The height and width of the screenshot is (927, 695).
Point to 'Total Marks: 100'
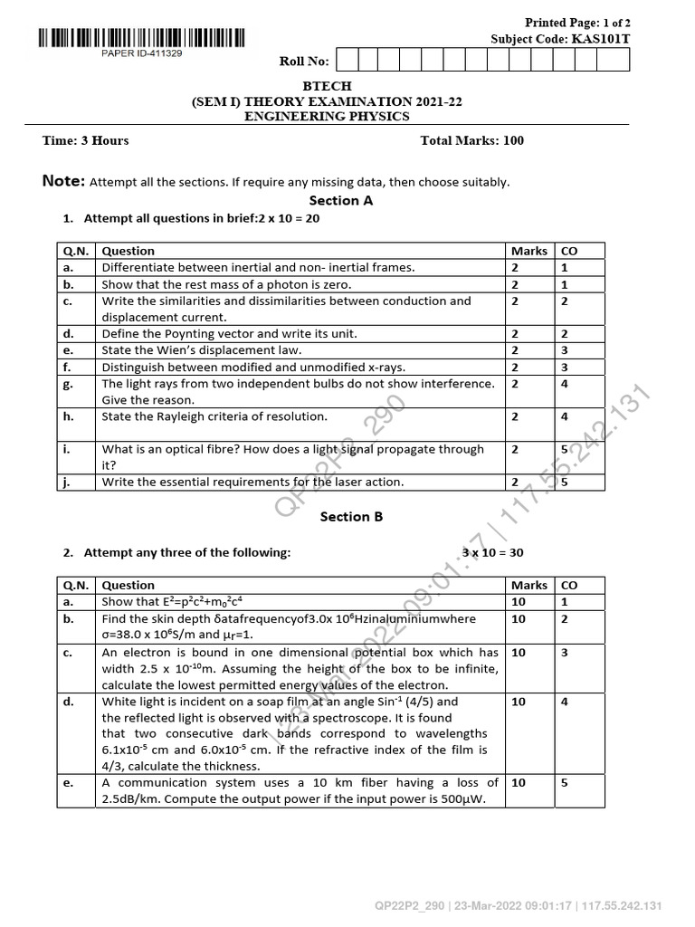pos(471,140)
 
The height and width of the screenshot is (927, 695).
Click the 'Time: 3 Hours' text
pos(86,140)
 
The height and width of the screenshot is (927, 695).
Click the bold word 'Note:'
pos(63,181)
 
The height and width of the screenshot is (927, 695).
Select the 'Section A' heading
pos(341,201)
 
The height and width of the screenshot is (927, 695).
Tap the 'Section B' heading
pos(351,517)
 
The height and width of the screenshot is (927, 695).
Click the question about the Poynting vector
pos(229,334)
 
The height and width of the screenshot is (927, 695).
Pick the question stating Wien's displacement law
pos(202,350)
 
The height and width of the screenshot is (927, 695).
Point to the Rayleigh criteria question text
pos(214,416)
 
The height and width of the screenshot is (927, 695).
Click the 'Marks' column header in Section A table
pos(529,251)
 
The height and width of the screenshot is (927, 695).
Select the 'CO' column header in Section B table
pos(570,585)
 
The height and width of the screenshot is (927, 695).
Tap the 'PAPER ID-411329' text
pos(141,54)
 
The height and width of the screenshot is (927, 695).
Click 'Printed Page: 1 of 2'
pos(578,22)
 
